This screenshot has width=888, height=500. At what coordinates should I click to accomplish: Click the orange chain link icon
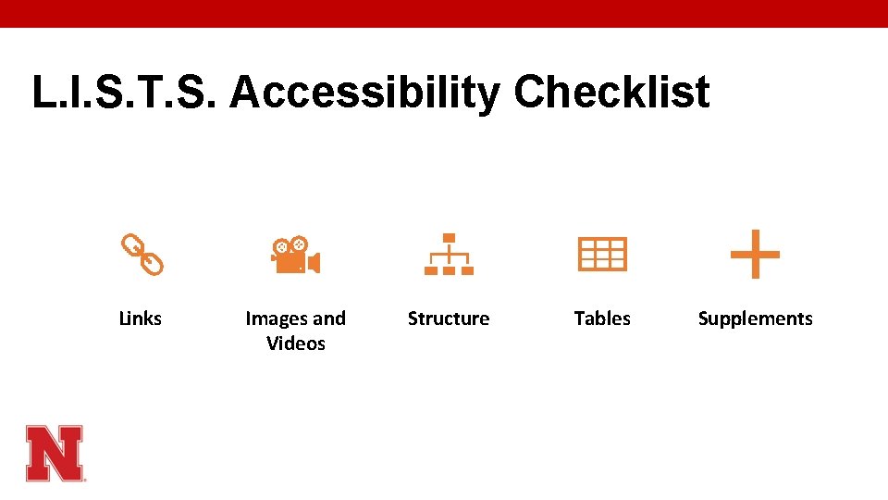[142, 255]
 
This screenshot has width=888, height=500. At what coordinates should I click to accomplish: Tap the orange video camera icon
[294, 256]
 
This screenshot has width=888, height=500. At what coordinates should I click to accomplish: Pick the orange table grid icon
[602, 254]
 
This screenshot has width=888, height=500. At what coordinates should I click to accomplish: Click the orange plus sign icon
[755, 254]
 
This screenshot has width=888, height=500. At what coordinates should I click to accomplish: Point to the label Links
[141, 319]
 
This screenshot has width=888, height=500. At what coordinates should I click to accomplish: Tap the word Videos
[296, 344]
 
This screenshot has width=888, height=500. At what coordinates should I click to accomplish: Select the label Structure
[449, 319]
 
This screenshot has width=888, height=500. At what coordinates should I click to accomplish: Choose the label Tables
[602, 319]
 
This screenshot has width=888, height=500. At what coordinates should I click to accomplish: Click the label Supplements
[755, 319]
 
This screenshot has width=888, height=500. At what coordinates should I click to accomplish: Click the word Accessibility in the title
[364, 94]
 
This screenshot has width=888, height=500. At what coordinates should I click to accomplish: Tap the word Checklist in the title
[611, 93]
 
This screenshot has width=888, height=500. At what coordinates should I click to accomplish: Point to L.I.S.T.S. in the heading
[126, 93]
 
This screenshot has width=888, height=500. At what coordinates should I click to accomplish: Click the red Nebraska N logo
[55, 453]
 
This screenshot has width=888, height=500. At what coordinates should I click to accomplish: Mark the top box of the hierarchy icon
[449, 237]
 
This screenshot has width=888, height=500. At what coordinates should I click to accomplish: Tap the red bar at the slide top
[444, 13]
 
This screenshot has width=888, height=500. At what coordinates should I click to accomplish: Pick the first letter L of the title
[43, 93]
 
